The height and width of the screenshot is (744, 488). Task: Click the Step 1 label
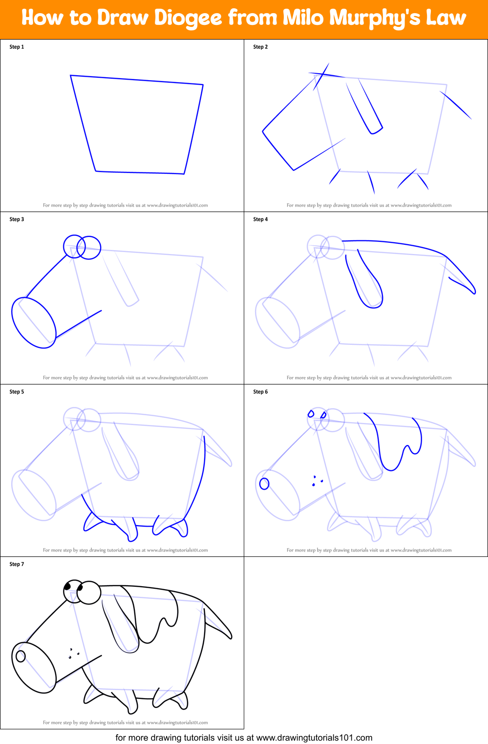click(17, 47)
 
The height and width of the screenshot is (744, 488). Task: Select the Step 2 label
click(260, 47)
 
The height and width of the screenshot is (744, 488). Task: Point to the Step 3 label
click(17, 219)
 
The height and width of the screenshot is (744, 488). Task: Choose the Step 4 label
click(260, 219)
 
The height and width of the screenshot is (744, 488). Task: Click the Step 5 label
click(17, 392)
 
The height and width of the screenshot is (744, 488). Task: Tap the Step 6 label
click(260, 392)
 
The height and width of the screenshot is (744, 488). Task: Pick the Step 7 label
click(17, 564)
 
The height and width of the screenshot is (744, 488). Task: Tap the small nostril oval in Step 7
click(21, 656)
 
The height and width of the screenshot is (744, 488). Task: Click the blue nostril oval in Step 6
click(264, 484)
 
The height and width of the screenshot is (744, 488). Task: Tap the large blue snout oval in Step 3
click(34, 322)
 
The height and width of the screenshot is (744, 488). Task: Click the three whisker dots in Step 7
click(73, 654)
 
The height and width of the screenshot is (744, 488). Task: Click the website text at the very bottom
click(244, 738)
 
